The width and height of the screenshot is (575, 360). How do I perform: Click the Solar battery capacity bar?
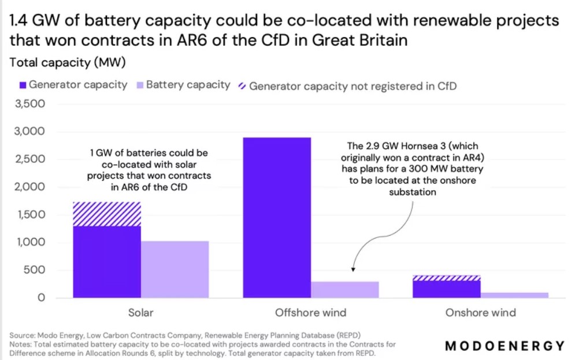point(175,269)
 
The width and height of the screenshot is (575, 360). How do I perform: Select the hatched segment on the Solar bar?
point(106,214)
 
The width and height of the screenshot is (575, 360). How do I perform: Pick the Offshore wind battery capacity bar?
point(345,290)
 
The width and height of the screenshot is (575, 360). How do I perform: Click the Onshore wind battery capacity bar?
point(514,295)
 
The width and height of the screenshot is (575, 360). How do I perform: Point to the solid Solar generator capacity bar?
point(106,262)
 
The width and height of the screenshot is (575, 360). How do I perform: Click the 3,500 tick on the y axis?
point(29,105)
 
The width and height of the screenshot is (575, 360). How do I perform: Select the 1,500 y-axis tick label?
point(29,215)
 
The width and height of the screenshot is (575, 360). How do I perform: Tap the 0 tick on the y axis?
point(40,298)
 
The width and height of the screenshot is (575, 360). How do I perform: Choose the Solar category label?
point(140,313)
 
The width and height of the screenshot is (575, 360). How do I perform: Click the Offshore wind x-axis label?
point(310,313)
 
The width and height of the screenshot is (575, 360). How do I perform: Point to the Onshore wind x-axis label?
point(480,313)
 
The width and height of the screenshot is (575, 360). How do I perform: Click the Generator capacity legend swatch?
point(15,86)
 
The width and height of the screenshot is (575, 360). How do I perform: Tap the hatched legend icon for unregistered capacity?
point(242,86)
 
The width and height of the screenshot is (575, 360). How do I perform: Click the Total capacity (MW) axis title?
point(68,62)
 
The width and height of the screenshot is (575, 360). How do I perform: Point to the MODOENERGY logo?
point(504,346)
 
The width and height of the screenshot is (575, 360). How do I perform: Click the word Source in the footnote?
point(22,335)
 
